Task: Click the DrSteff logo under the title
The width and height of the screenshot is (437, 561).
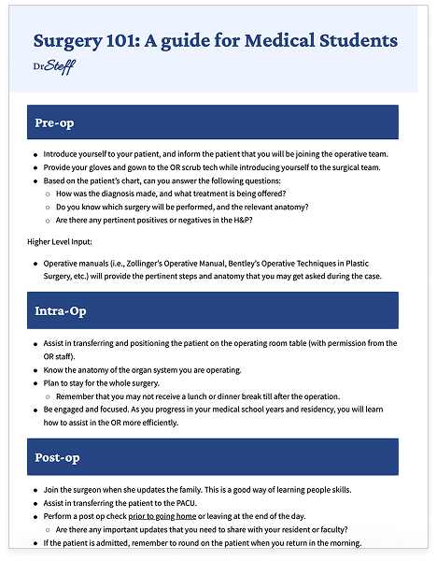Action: [53, 66]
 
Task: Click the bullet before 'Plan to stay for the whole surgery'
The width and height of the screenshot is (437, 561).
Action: [35, 383]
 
